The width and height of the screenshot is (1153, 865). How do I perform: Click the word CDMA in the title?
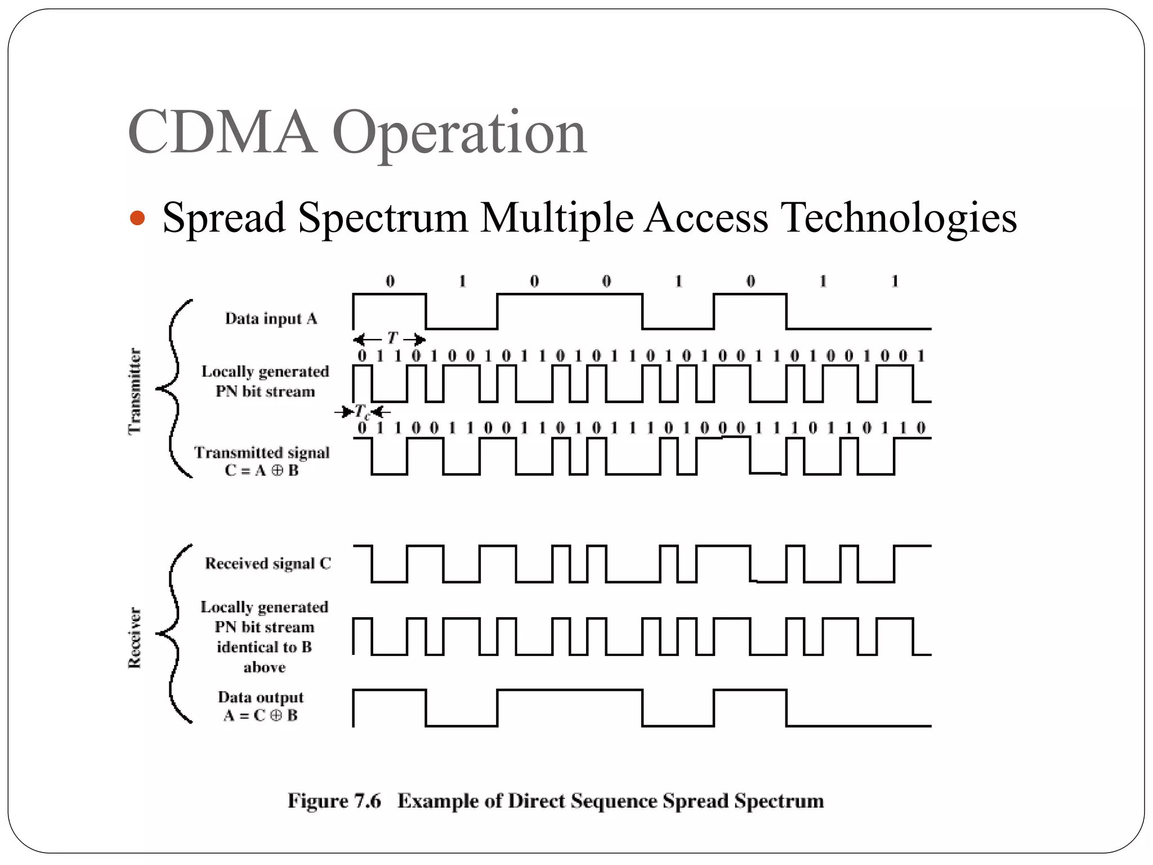[222, 133]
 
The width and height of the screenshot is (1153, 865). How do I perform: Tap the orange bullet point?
[137, 218]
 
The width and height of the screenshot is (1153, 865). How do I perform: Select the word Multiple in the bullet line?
[557, 218]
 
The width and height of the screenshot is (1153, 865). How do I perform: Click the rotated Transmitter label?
[135, 391]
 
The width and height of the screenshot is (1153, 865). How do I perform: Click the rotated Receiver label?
[135, 637]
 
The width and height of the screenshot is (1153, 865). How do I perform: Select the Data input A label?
[271, 319]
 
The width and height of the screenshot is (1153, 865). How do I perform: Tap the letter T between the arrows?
[392, 338]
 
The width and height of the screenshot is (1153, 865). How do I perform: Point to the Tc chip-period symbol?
[361, 412]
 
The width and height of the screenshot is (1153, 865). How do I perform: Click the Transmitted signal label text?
[262, 453]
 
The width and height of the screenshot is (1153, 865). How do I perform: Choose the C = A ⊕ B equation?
[262, 471]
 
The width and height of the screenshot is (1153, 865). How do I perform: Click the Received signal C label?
[267, 564]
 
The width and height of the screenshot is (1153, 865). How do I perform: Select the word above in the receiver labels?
[264, 668]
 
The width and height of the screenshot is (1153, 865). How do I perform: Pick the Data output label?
[261, 697]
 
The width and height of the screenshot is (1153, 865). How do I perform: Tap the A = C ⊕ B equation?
[261, 716]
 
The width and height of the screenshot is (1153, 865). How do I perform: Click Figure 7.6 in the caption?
[334, 801]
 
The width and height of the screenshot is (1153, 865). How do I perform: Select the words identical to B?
[264, 648]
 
